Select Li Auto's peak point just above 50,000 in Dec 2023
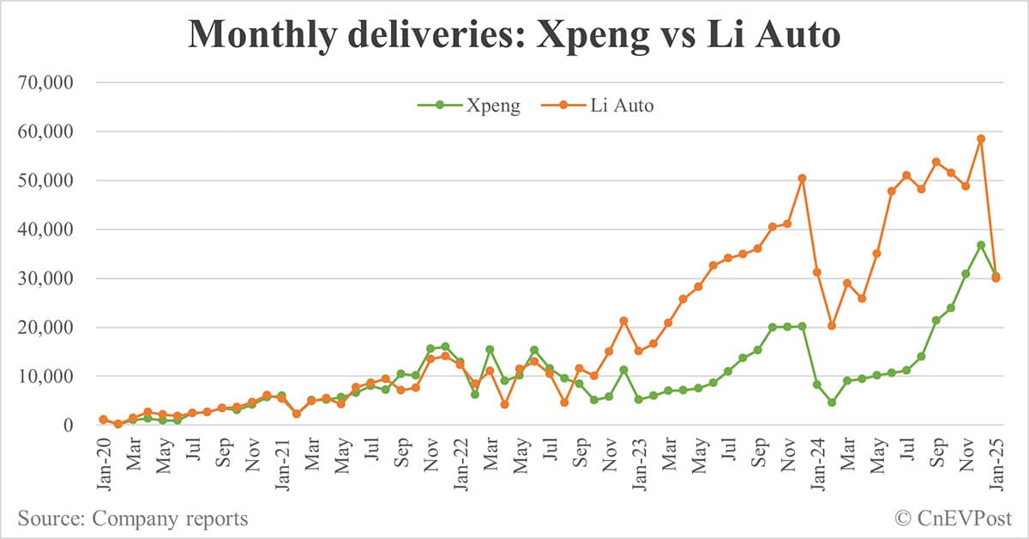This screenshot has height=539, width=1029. pos(802,179)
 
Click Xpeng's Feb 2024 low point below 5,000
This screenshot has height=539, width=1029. pos(832,402)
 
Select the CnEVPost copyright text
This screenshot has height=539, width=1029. pos(953,518)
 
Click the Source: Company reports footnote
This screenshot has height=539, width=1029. pos(133,518)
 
